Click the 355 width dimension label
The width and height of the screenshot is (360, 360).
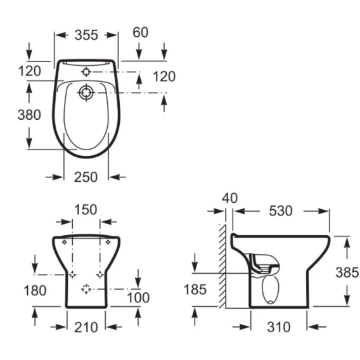coord(86,35)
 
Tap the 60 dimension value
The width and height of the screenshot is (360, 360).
coord(140,32)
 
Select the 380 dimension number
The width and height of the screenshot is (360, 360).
coord(29,115)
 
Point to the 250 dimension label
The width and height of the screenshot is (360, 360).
coord(86,177)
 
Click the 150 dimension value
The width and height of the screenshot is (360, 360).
coord(86,210)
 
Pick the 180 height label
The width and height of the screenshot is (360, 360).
coord(35,290)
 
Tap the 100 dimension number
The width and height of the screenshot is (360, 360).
coord(138,298)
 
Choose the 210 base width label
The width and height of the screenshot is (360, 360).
coord(86,327)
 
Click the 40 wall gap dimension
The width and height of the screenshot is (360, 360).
coord(229,198)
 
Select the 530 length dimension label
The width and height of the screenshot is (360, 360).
coord(281,211)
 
